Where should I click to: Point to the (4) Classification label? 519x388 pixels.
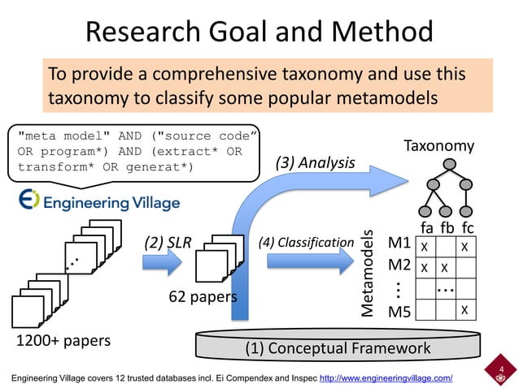point(305,242)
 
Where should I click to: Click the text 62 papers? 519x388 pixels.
point(203,297)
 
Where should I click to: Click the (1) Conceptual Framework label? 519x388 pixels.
point(338,348)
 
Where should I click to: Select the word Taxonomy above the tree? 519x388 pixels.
point(438,145)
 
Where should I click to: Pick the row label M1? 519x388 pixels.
point(399,244)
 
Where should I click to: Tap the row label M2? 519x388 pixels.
point(399,265)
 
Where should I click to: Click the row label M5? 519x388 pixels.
point(399,312)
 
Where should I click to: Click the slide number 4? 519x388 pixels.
point(501,370)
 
